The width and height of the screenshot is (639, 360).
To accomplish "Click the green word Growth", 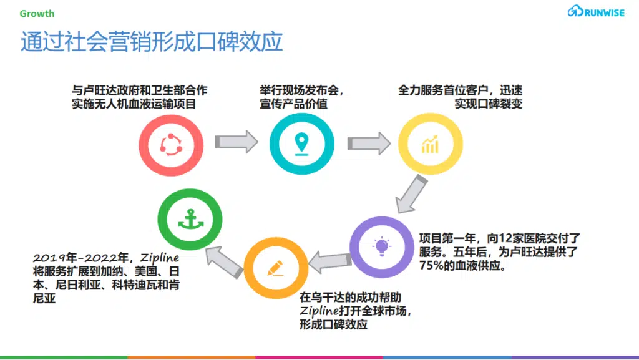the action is [x=37, y=14].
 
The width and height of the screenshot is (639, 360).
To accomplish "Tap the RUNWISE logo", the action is [x=596, y=11].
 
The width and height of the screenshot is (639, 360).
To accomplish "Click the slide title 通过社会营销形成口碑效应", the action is [x=152, y=42].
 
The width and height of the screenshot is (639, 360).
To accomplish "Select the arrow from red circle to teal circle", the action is [x=237, y=142].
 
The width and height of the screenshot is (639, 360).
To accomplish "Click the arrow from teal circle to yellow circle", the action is [x=369, y=144].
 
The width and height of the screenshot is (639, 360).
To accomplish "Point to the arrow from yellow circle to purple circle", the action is [x=411, y=194].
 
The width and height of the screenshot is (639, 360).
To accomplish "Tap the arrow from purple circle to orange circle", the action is [x=329, y=262].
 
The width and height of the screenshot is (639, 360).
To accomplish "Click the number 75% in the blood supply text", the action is [x=431, y=266].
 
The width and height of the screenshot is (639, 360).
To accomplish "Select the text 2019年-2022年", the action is [x=81, y=258].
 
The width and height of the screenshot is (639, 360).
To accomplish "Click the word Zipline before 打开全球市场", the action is [x=319, y=311].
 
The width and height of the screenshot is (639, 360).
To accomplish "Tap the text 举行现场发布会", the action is [x=300, y=90].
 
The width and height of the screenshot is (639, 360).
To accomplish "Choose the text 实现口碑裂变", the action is [x=488, y=104].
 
